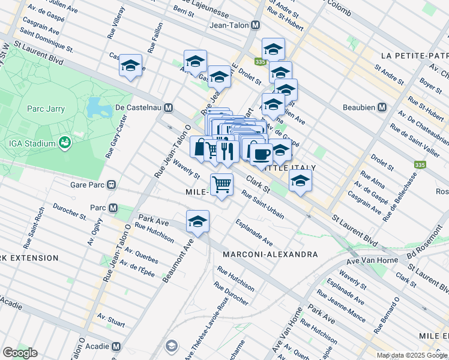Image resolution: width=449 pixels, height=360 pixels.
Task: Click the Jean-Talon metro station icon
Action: pos(256,25)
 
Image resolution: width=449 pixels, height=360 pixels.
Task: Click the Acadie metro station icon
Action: pos(116,347)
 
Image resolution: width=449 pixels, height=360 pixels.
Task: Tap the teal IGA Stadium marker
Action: pos(64,143)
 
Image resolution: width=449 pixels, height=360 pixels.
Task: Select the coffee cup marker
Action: pos(261,154)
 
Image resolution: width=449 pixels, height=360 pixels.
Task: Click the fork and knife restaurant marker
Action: pos(226,150)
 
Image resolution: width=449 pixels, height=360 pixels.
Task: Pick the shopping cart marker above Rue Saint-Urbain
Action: pos(221,184)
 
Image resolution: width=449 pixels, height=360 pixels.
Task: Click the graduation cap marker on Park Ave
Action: pos(197,221)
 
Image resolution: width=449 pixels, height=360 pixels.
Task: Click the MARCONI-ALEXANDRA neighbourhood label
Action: pos(270,254)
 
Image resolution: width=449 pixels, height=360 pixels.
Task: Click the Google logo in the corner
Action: pos(20,353)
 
